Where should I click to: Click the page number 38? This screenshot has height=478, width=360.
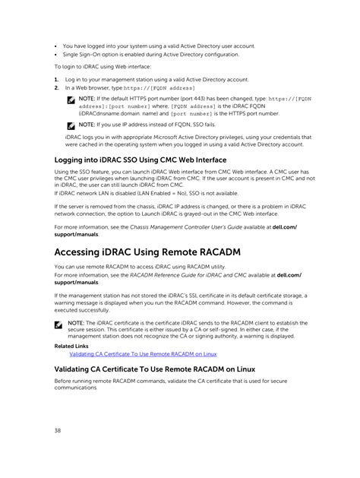pos(58,431)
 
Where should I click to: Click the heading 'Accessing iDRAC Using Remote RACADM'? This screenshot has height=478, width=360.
pos(158,252)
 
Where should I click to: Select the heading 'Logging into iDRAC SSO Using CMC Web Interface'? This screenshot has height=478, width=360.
pos(140,160)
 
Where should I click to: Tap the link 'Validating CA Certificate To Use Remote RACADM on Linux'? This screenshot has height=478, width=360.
pos(143,353)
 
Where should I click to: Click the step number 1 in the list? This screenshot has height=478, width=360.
pos(56,79)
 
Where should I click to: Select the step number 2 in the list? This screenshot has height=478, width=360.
pos(56,87)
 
